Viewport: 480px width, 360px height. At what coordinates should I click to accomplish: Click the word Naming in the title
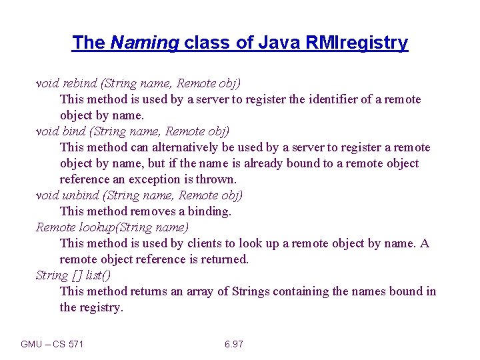[x=145, y=43]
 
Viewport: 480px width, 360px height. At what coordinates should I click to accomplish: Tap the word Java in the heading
[x=281, y=43]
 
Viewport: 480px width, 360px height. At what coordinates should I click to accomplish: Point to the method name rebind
[x=79, y=83]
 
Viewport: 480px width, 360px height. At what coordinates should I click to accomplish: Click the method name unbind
[x=80, y=195]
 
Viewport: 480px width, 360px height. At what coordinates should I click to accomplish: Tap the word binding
[x=209, y=211]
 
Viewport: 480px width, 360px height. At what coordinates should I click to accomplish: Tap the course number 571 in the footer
[x=77, y=344]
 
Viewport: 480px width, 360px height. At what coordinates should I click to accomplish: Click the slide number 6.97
[x=234, y=344]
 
